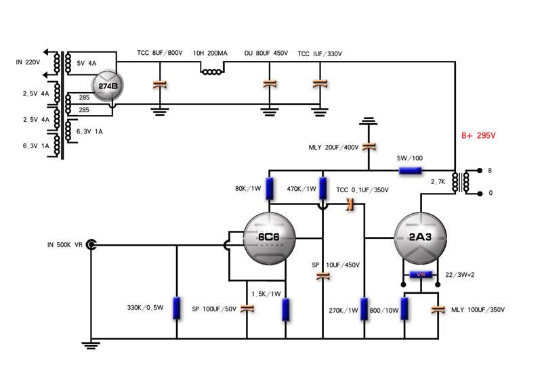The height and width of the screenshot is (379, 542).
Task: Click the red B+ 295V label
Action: click(478, 135)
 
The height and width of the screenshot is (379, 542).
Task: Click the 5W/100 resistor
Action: click(411, 171)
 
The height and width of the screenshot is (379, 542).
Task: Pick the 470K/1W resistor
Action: click(322, 187)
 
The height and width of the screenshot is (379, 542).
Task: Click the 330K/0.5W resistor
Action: click(176, 308)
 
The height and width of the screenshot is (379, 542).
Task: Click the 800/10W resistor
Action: click(405, 308)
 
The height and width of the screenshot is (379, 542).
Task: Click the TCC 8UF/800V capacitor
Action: click(159, 84)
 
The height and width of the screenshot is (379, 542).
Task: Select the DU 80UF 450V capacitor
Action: click(270, 84)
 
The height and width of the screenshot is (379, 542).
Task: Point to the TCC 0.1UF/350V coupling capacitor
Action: click(350, 204)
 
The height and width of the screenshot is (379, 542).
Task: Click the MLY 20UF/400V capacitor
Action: click(368, 146)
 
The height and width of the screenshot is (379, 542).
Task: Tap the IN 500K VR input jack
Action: click(89, 245)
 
